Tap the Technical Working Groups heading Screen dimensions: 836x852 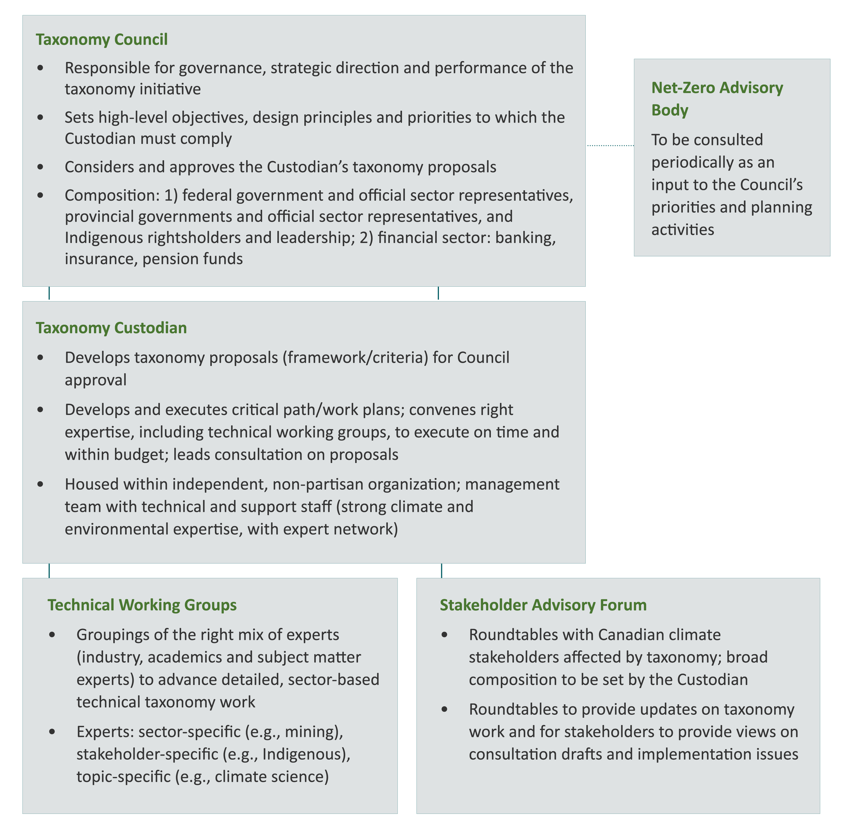pyautogui.click(x=142, y=605)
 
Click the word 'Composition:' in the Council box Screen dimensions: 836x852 pyautogui.click(x=112, y=195)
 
